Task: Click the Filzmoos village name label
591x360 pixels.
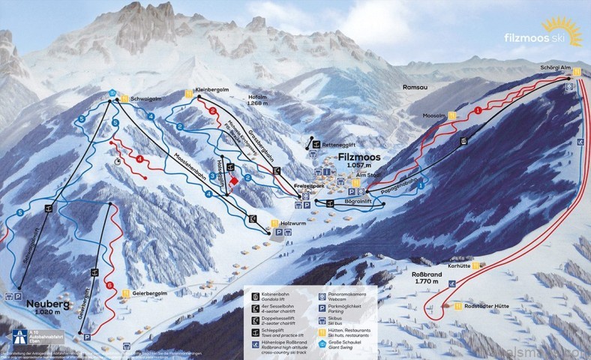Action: click(359, 158)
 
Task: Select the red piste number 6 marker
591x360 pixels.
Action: click(109, 285)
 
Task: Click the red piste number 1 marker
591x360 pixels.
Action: click(477, 111)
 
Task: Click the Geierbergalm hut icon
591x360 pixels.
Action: click(125, 293)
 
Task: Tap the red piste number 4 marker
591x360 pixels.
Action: click(139, 157)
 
